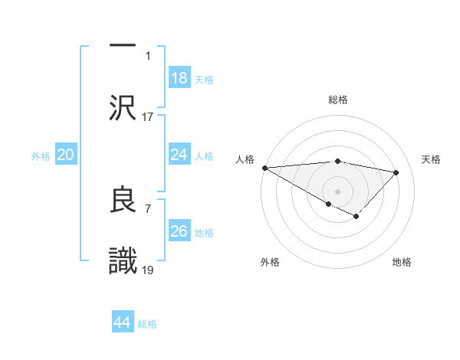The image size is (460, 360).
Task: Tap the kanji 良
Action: coord(123,201)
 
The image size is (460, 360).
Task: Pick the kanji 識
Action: coord(123,260)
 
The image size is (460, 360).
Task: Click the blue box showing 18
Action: coord(179,78)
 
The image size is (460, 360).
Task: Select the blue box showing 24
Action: coord(179,155)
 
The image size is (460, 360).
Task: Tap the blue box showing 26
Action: coord(179,231)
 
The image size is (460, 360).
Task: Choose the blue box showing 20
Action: coord(66,155)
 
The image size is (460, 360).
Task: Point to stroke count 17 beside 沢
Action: coord(148,117)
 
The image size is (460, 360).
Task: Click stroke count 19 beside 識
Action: coord(148,271)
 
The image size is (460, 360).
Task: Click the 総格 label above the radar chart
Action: coord(337,100)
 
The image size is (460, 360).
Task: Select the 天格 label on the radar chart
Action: coord(431,159)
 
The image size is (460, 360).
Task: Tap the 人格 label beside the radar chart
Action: coord(244,159)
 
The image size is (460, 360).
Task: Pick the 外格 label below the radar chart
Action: coord(270,262)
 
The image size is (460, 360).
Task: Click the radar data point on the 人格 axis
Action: coord(264,168)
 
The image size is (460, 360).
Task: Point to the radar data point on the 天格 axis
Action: coord(396,172)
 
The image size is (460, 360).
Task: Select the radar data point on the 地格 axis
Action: coord(356,217)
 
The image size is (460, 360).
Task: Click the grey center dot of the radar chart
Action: coord(337,191)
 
